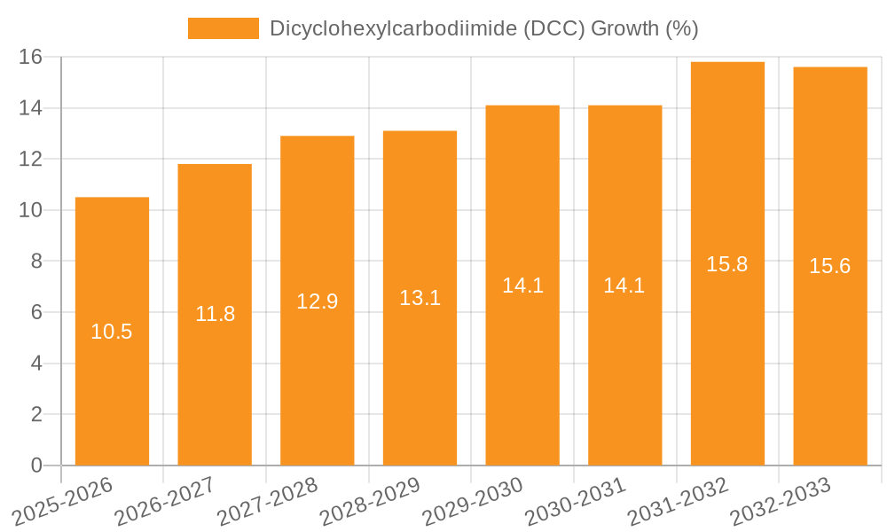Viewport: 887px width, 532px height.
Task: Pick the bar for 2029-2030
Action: [x=522, y=372]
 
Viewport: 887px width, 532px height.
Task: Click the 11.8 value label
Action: [x=215, y=314]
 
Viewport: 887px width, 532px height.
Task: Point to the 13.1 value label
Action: [x=420, y=298]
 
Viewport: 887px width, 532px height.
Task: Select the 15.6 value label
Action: [x=830, y=266]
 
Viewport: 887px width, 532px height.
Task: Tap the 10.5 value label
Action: [x=112, y=332]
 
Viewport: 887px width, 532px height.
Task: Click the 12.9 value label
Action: [x=318, y=301]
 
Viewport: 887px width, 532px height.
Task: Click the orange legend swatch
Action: [x=224, y=28]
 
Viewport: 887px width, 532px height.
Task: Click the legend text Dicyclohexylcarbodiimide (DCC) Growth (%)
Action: [x=484, y=28]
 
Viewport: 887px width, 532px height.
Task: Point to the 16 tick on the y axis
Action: [x=31, y=57]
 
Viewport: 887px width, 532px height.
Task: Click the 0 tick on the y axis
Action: [x=36, y=465]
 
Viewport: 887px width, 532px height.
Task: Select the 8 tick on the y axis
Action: [x=36, y=262]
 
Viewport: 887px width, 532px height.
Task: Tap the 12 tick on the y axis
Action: [x=31, y=160]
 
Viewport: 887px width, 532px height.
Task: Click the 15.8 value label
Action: [x=727, y=263]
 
